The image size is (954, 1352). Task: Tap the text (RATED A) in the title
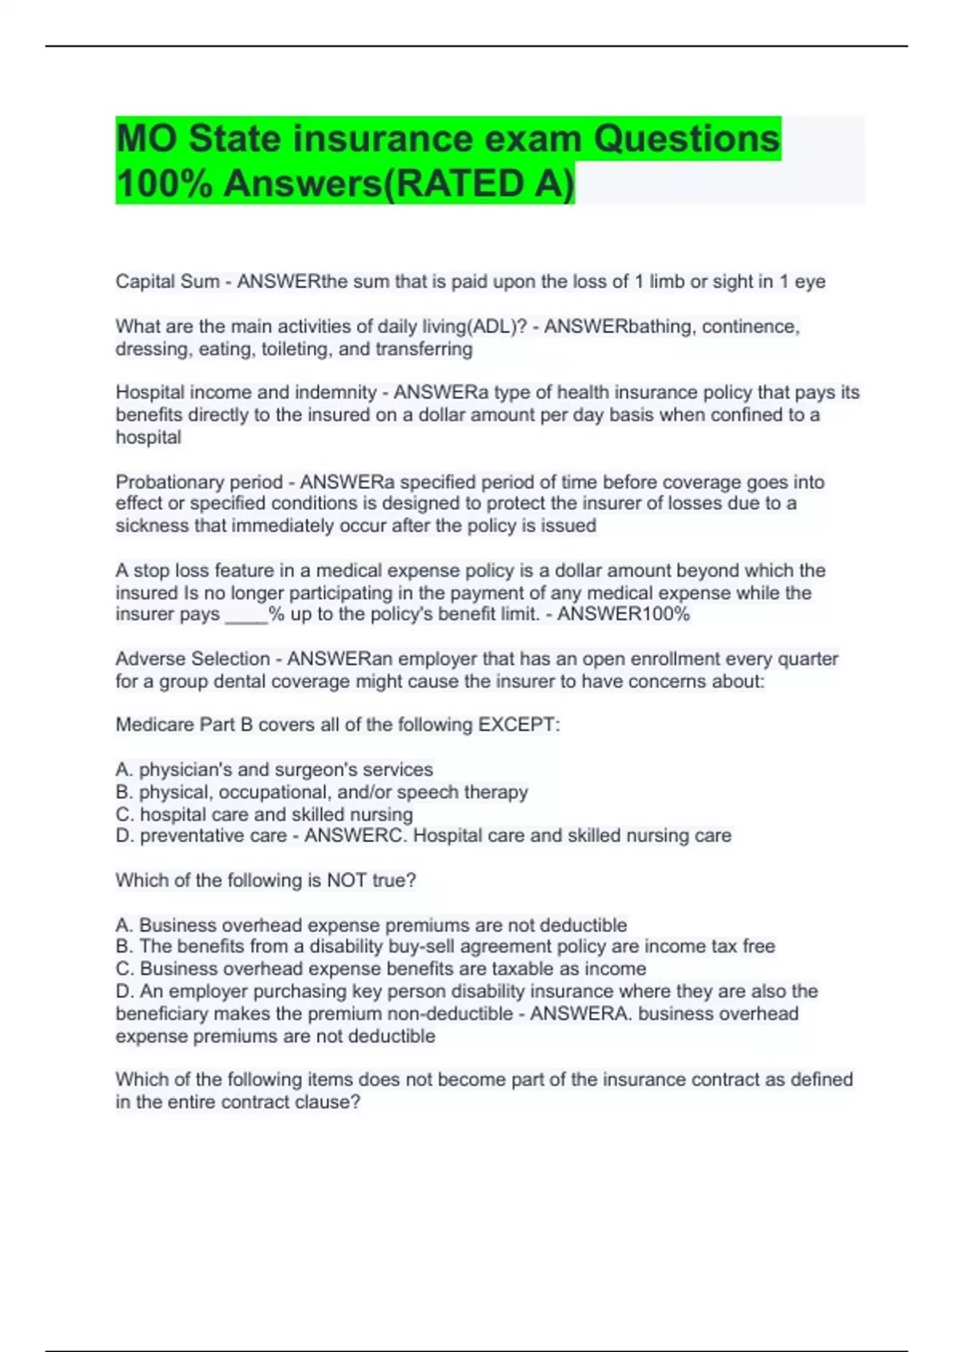coord(479,184)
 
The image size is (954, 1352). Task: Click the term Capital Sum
coord(167,282)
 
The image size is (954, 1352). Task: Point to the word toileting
coord(293,349)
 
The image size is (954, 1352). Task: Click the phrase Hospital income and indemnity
coord(246,392)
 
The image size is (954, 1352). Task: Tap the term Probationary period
coord(199,482)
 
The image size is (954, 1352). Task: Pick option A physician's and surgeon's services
coord(274,769)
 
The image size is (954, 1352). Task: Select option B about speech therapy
coord(322,792)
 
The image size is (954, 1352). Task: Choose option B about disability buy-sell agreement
coord(445,946)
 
